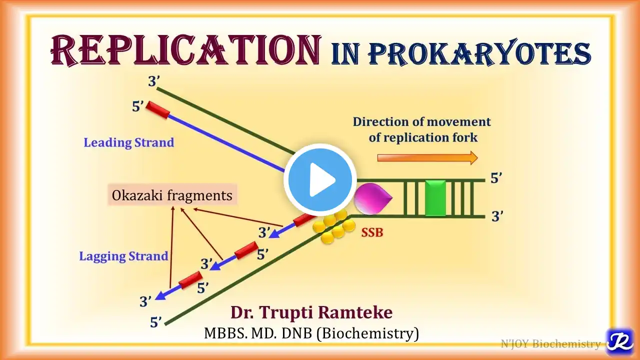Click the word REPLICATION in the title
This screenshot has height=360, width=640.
coord(185,51)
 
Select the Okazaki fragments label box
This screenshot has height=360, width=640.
coord(172,195)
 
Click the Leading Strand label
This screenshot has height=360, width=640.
coord(128,142)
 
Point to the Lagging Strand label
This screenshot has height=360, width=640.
coord(123,256)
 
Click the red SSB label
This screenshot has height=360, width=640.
coord(372,232)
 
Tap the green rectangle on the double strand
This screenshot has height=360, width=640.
coord(434,198)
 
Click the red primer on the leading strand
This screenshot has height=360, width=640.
coord(157,110)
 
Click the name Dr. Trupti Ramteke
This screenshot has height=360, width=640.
coord(311,312)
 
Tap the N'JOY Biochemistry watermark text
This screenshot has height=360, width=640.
coord(550,343)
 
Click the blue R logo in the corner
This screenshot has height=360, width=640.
coord(619,341)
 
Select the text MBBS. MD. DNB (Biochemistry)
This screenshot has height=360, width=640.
coord(311,332)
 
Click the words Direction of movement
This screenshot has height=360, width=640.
coord(421,121)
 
